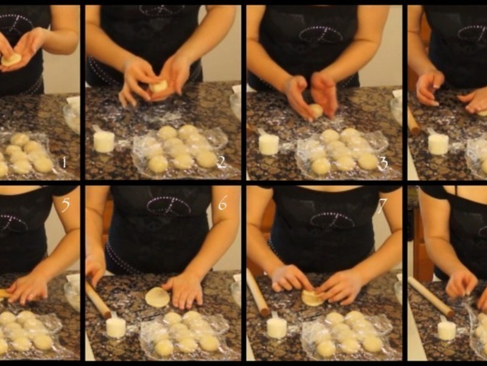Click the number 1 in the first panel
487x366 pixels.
point(65,163)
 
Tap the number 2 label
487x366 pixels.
point(222,163)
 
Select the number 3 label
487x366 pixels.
point(384,163)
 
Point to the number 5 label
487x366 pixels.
point(66,204)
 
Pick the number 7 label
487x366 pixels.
point(382,206)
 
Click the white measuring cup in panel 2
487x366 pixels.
point(103,141)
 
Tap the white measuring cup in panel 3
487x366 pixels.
point(268,143)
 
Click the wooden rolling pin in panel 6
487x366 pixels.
point(98,300)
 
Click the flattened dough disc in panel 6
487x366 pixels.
point(158,297)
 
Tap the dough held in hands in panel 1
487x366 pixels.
point(11,59)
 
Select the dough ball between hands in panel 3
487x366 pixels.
point(316,111)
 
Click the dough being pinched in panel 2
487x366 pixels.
point(159,86)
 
